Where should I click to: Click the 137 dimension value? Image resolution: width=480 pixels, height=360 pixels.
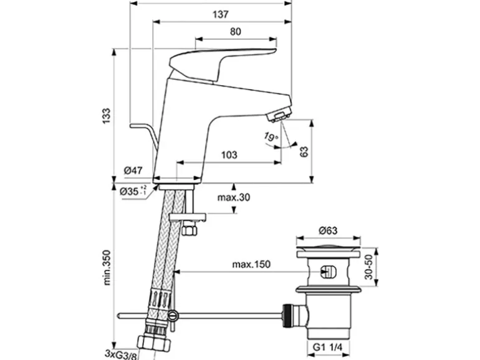coord(221,14)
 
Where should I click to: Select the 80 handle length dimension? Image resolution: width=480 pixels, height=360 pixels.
coord(235,32)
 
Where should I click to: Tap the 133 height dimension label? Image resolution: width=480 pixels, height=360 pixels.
coord(106,116)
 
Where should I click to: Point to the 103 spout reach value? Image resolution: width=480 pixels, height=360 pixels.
coord(229,154)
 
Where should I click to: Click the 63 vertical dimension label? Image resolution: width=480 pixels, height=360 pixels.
coord(304,152)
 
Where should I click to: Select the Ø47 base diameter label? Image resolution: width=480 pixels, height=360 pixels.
coord(133,171)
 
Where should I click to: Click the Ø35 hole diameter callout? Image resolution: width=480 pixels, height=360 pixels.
coord(133,191)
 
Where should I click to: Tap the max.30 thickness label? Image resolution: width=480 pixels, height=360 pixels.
coord(234,197)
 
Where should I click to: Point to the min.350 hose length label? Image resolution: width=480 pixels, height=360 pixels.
coord(107,268)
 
